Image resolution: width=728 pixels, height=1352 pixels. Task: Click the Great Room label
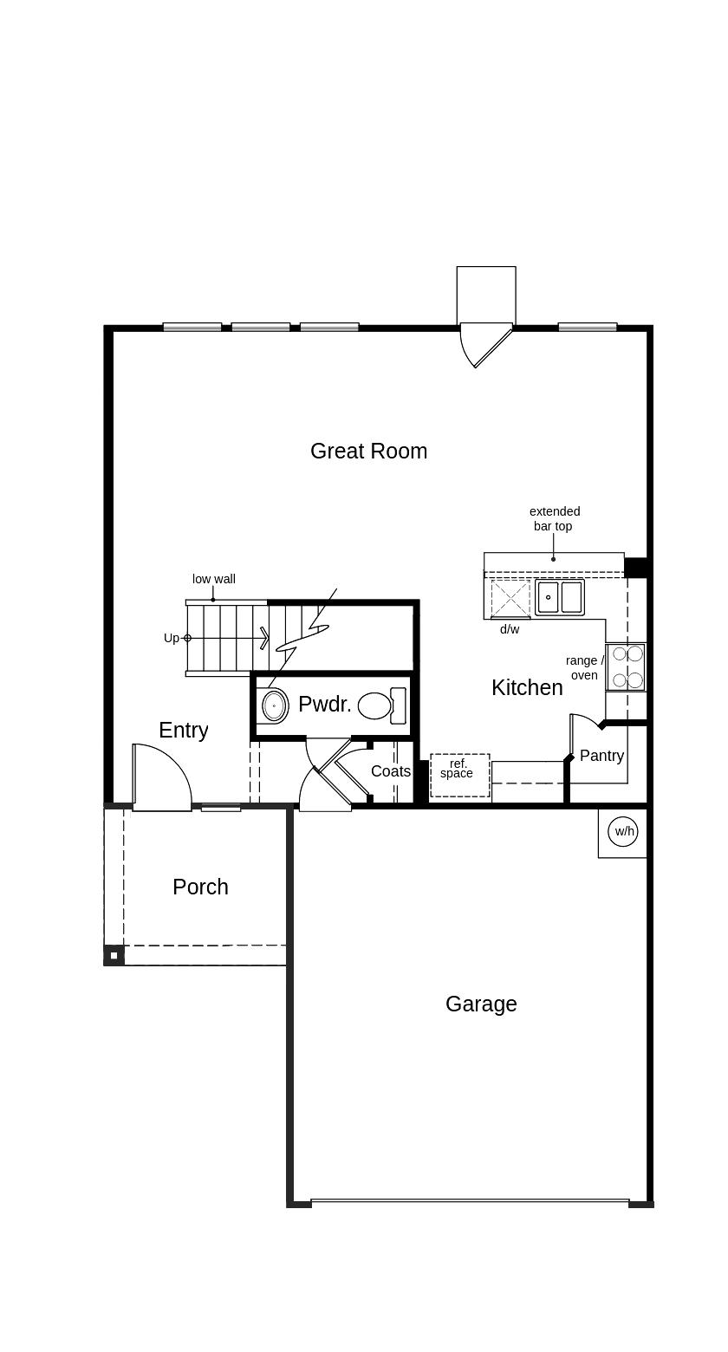(x=368, y=451)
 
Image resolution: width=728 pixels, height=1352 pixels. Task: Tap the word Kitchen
(x=527, y=687)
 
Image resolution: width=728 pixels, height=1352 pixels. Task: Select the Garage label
(x=481, y=1004)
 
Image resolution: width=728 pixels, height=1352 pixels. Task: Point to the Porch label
(x=200, y=887)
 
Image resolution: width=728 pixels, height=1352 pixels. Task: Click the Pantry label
(x=601, y=756)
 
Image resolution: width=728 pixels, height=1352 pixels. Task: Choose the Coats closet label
(x=391, y=770)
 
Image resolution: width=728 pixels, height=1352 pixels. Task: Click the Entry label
(x=184, y=731)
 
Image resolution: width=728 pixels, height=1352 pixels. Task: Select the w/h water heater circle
(x=624, y=831)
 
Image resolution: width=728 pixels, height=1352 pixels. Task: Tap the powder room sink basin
(x=276, y=705)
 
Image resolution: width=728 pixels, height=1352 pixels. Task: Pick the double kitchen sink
(x=560, y=597)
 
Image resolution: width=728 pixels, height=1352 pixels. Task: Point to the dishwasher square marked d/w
(x=510, y=598)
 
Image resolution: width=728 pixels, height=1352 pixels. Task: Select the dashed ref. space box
(x=460, y=775)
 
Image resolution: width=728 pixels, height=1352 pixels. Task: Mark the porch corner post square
(x=114, y=956)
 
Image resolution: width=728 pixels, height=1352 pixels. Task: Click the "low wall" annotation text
(x=214, y=579)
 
